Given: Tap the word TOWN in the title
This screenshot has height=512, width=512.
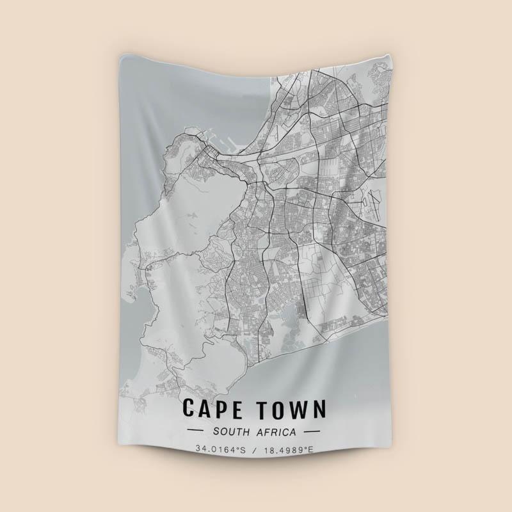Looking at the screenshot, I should [291, 408].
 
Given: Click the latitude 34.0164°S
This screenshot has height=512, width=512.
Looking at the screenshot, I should [221, 449].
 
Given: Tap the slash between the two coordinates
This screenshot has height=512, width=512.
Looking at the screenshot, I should [255, 449].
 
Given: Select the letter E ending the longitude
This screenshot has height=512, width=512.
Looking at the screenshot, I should [312, 449].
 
